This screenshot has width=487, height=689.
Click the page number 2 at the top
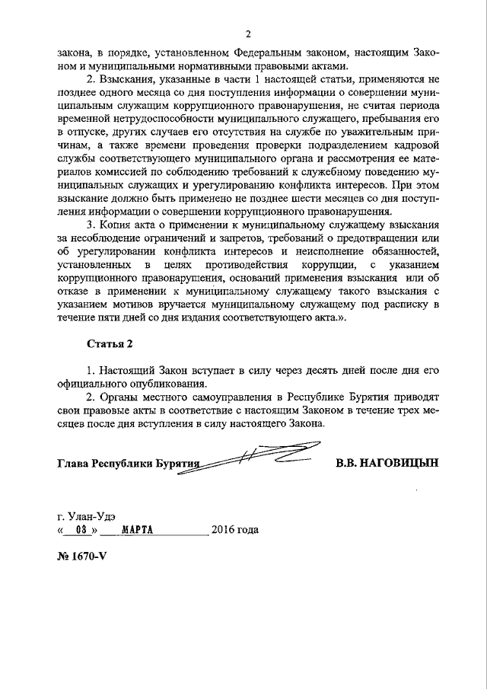click(248, 34)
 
